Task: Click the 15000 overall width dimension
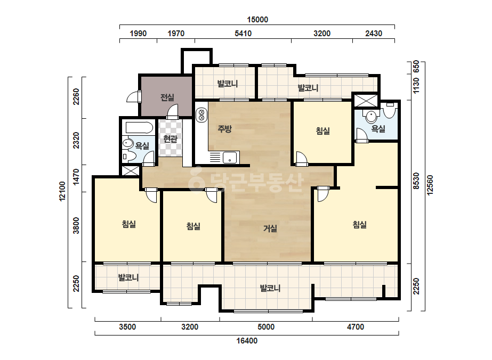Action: [257, 20]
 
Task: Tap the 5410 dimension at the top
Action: [243, 33]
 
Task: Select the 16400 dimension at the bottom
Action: [247, 340]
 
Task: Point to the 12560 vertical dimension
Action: [430, 185]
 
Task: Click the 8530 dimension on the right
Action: [416, 181]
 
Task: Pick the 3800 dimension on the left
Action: [76, 225]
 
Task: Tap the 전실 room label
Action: [167, 97]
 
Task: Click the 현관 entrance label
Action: [171, 138]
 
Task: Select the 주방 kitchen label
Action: [224, 128]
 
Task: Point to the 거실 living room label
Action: [270, 228]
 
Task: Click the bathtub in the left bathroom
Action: [139, 128]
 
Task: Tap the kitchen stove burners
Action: [201, 115]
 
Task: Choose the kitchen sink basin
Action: [230, 158]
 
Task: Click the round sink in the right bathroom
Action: [371, 117]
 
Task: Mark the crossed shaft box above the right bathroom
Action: [366, 101]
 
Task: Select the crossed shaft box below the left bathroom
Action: [130, 171]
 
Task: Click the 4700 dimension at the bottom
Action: [355, 327]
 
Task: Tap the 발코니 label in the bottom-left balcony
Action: [128, 277]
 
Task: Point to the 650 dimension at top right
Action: [416, 67]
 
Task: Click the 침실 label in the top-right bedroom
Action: [322, 131]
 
